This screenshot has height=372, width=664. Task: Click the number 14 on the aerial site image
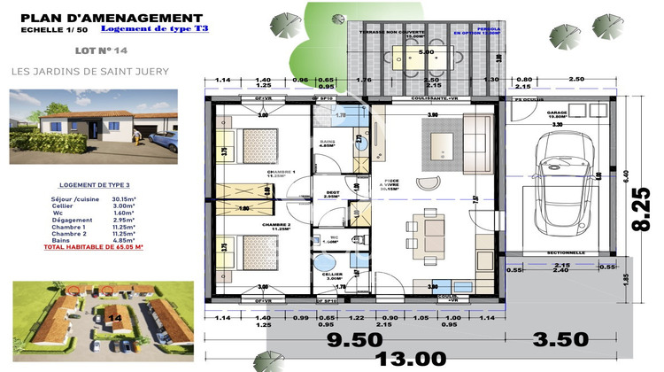(x=114, y=316)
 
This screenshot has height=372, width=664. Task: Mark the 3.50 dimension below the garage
(x=560, y=338)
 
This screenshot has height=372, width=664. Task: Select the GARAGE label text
(x=557, y=112)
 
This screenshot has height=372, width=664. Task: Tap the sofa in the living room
(x=479, y=142)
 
